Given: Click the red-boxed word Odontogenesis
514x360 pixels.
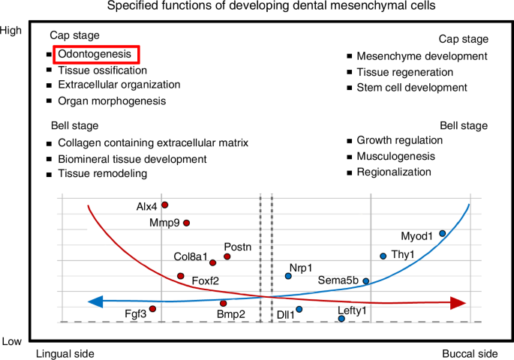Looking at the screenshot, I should point(95,54).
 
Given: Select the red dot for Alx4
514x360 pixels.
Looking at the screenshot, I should point(165,204).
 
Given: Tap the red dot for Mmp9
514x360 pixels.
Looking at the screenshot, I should point(187,223).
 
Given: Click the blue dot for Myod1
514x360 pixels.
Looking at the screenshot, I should point(443,233).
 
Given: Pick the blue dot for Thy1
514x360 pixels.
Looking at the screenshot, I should point(383,256).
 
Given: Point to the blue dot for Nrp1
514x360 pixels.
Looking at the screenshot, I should point(288,276).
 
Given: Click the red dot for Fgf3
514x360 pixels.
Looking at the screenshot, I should point(152,309).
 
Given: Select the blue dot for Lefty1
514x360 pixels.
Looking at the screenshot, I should point(341,319).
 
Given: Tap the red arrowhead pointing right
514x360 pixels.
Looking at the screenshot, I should point(458,303).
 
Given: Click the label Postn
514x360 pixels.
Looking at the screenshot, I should point(237,246).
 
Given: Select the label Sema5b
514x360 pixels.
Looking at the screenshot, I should point(338,280).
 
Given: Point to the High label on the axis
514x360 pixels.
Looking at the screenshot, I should point(12,31).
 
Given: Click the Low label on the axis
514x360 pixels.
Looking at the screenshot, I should point(11,341).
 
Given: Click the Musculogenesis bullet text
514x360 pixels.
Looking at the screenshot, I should point(395,156).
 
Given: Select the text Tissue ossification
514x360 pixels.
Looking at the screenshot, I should point(104,70).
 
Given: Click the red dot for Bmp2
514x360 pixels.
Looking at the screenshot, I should point(223,303).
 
